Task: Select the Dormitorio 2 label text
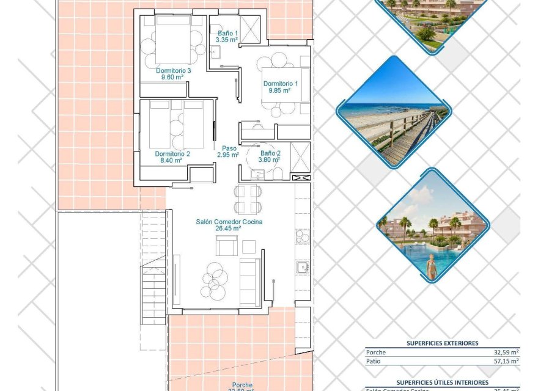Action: click(x=172, y=154)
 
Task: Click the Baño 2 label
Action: click(x=270, y=153)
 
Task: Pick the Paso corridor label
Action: click(x=229, y=148)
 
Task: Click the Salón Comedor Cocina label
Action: click(x=229, y=222)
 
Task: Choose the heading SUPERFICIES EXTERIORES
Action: click(x=442, y=343)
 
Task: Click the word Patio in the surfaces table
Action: click(x=374, y=361)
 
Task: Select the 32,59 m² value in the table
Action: click(x=506, y=353)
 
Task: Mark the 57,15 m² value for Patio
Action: click(x=506, y=361)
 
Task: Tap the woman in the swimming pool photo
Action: click(x=432, y=266)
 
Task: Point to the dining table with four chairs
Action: click(x=248, y=199)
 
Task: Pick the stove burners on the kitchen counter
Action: click(x=301, y=235)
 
